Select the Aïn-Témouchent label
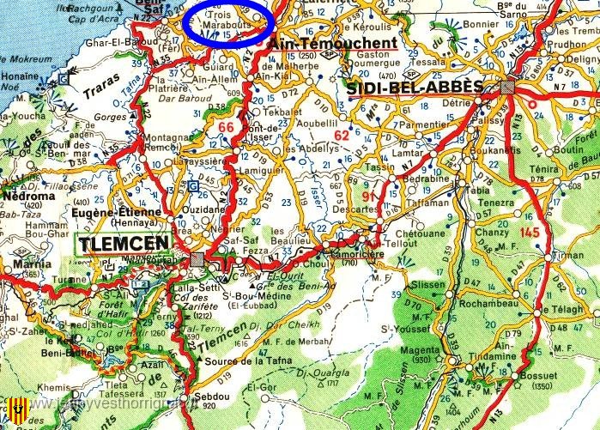pos(333,43)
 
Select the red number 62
pos(342,135)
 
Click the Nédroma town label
pos(29,195)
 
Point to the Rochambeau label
pos(487,304)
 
